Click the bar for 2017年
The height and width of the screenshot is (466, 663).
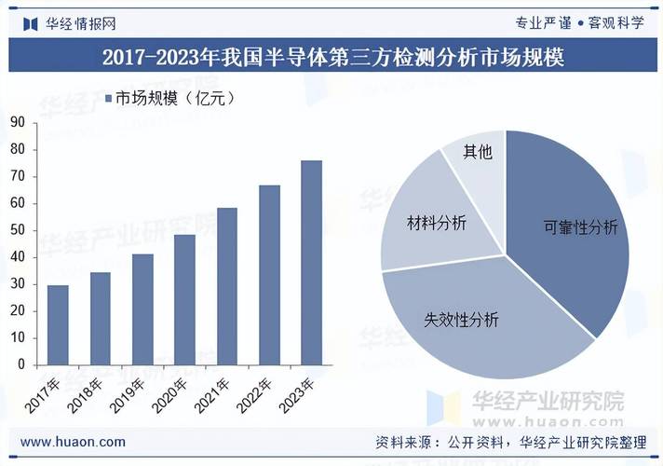58,325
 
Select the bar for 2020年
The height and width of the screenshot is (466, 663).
184,300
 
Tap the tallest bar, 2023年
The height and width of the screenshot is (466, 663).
312,263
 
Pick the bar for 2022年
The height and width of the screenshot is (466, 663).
269,275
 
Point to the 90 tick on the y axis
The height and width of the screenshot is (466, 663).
18,123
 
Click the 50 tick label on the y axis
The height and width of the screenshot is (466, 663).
18,230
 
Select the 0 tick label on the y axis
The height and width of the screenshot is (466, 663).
21,364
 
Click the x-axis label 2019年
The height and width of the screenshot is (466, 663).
127,395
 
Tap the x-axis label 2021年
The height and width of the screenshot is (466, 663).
211,395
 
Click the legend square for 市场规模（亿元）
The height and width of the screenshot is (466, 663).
108,99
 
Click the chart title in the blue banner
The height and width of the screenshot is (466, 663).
333,57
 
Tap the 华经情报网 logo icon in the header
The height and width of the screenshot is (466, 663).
31,24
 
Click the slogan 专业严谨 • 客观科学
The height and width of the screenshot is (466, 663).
579,23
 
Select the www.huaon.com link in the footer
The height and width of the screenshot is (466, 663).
73,442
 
